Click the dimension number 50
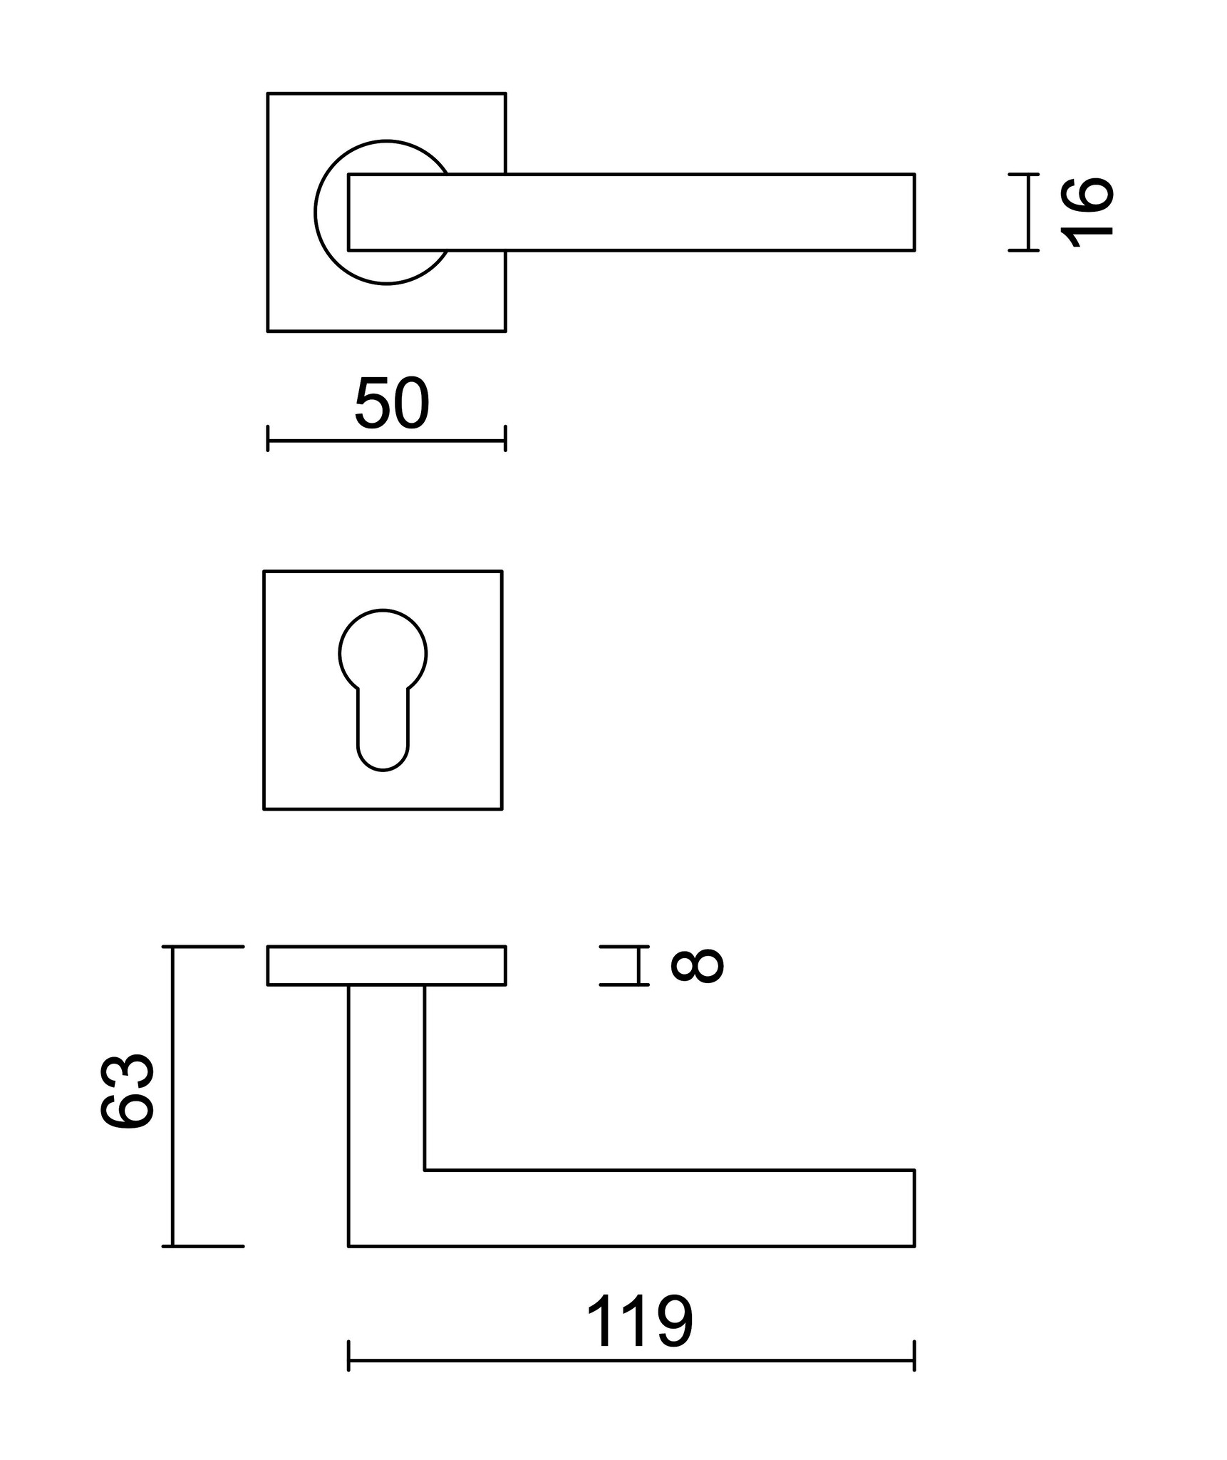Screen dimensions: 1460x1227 click(392, 404)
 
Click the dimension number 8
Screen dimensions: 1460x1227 click(698, 966)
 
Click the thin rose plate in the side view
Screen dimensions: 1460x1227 click(386, 965)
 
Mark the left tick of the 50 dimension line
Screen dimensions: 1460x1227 click(268, 438)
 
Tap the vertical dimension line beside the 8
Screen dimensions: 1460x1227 click(638, 965)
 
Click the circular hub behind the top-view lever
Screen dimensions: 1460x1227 click(332, 212)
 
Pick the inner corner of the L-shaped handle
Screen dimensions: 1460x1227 click(425, 1170)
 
